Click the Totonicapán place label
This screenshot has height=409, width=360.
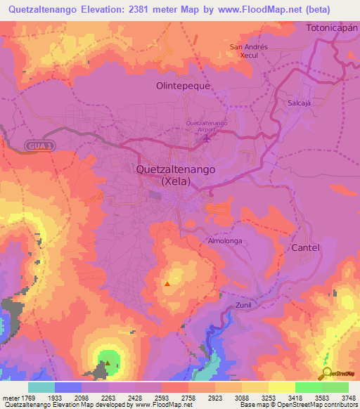[x=332, y=27]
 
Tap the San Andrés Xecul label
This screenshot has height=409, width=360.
[x=249, y=51]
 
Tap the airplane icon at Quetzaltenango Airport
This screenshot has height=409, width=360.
[x=206, y=137]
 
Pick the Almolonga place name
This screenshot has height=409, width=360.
[x=225, y=240]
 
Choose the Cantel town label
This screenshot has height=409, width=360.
[x=306, y=248]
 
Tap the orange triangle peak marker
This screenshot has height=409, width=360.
[x=167, y=284]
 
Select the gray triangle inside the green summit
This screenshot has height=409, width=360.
[x=108, y=363]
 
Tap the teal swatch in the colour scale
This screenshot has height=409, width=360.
[x=41, y=387]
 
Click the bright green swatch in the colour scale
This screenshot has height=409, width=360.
[x=308, y=387]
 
